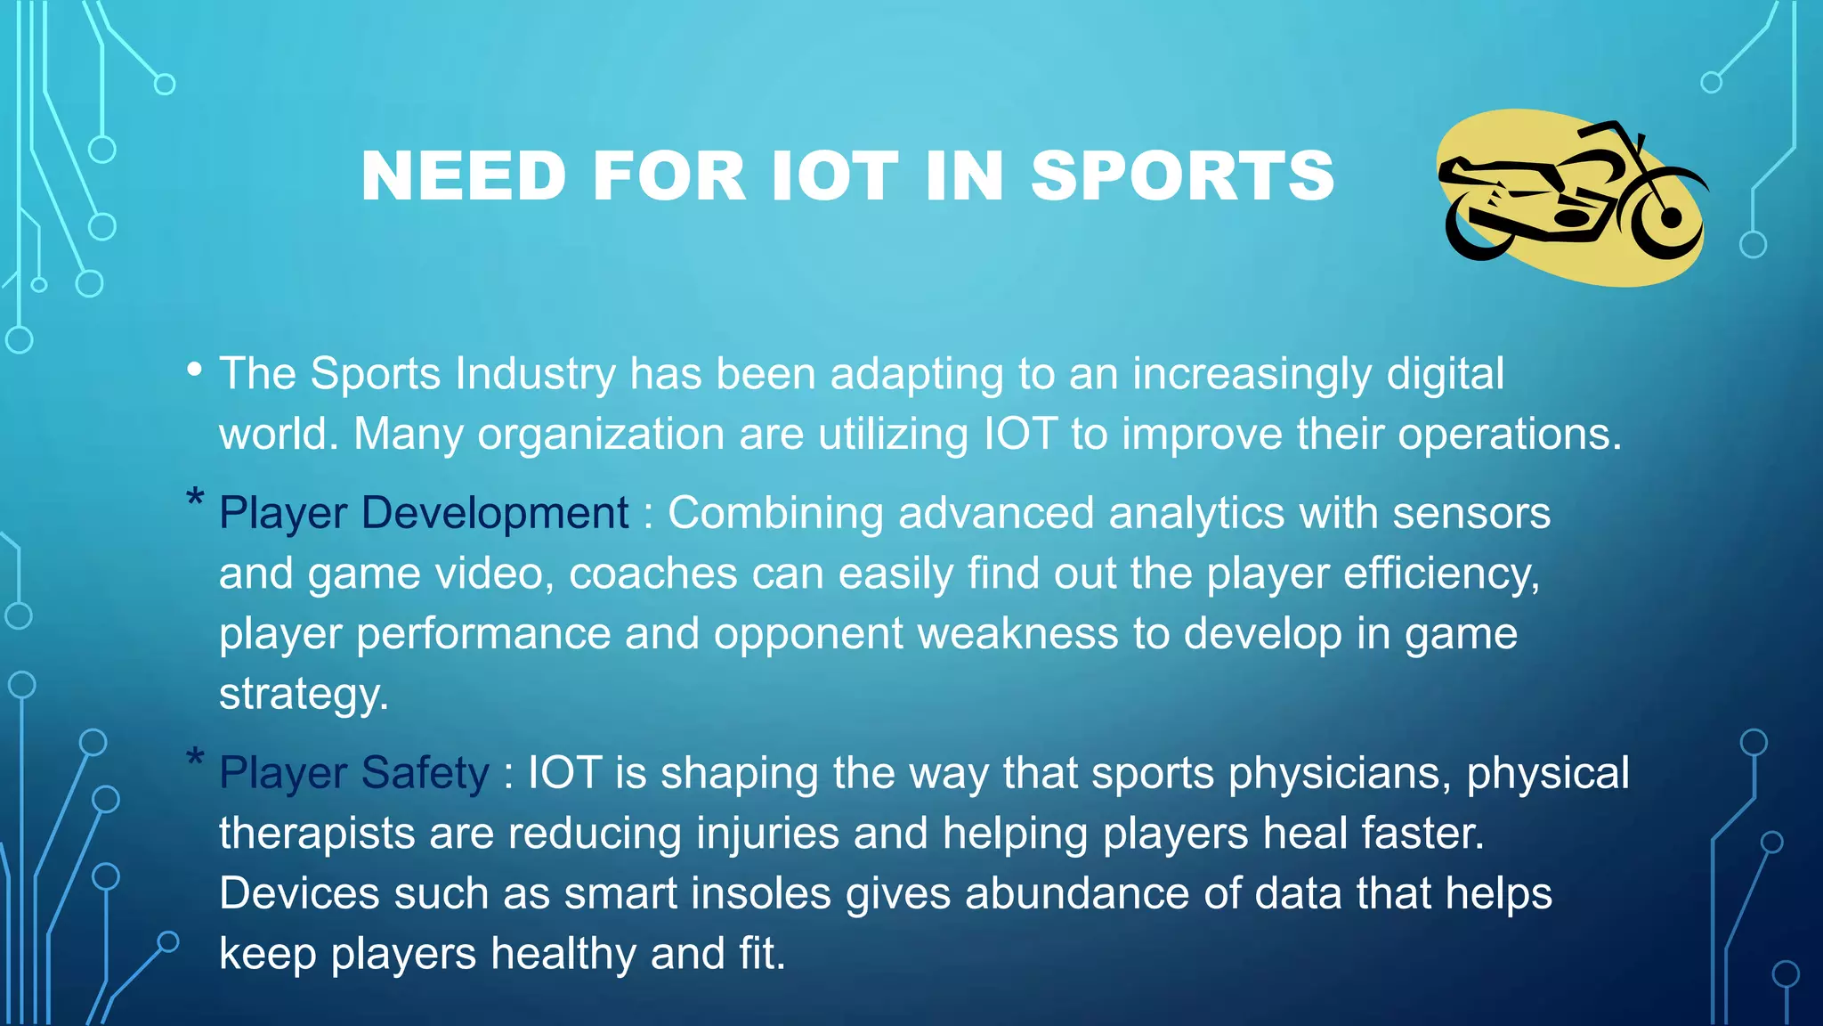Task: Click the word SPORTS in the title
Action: pyautogui.click(x=1182, y=175)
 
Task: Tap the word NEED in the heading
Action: pyautogui.click(x=463, y=175)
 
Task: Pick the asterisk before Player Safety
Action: pyautogui.click(x=195, y=760)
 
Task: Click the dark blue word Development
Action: pyautogui.click(x=495, y=513)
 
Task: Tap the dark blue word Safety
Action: pyautogui.click(x=425, y=772)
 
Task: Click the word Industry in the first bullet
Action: pyautogui.click(x=535, y=373)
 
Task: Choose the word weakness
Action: pyautogui.click(x=1017, y=634)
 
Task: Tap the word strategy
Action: pyautogui.click(x=304, y=695)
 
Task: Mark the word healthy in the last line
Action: pyautogui.click(x=563, y=954)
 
